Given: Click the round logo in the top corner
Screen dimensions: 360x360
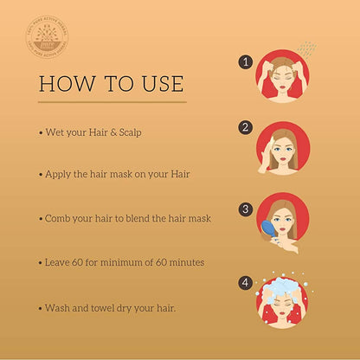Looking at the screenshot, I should point(48,38).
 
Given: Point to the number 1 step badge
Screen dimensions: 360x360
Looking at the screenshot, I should point(246,62).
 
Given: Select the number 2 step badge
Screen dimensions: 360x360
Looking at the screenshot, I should point(246,128).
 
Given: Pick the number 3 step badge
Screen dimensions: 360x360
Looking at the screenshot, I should point(246,209).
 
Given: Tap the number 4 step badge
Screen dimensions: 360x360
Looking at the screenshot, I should point(246,281).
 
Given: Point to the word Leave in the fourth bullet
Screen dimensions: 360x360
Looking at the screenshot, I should point(60,260).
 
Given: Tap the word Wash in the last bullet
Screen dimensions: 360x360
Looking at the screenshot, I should point(58,307).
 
